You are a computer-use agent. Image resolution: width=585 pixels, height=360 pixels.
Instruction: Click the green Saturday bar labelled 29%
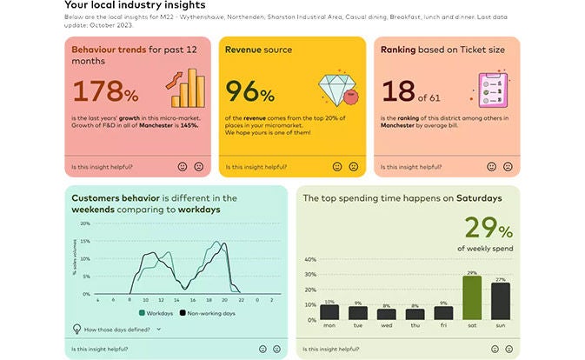point(472,297)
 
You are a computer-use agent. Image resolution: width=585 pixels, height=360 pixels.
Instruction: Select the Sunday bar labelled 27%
point(500,301)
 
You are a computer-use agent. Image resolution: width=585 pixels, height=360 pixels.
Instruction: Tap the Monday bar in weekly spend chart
point(329,312)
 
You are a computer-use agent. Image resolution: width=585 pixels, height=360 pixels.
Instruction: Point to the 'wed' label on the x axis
point(387,326)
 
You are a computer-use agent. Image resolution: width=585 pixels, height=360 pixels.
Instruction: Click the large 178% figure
point(104,93)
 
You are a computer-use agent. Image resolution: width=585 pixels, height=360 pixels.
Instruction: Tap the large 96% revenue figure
point(249,93)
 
